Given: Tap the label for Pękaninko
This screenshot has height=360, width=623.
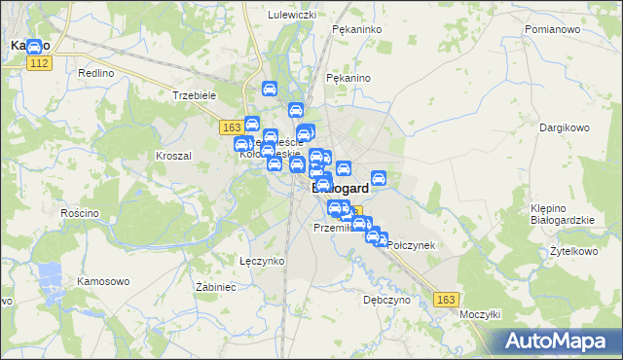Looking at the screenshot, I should click(x=355, y=30).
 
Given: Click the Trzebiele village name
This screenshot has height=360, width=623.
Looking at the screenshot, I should click(x=193, y=95).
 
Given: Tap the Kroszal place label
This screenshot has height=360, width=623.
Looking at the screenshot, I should click(x=173, y=155).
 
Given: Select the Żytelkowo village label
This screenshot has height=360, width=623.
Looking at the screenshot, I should click(x=572, y=250).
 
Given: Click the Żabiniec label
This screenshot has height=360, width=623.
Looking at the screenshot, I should click(x=216, y=287).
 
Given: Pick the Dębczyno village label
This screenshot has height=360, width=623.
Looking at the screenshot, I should click(x=386, y=300).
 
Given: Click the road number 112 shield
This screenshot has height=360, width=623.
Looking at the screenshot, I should click(x=40, y=63).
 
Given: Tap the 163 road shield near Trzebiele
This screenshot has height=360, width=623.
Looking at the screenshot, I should click(x=231, y=127).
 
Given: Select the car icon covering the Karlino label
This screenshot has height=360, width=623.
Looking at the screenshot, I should click(x=34, y=46).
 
